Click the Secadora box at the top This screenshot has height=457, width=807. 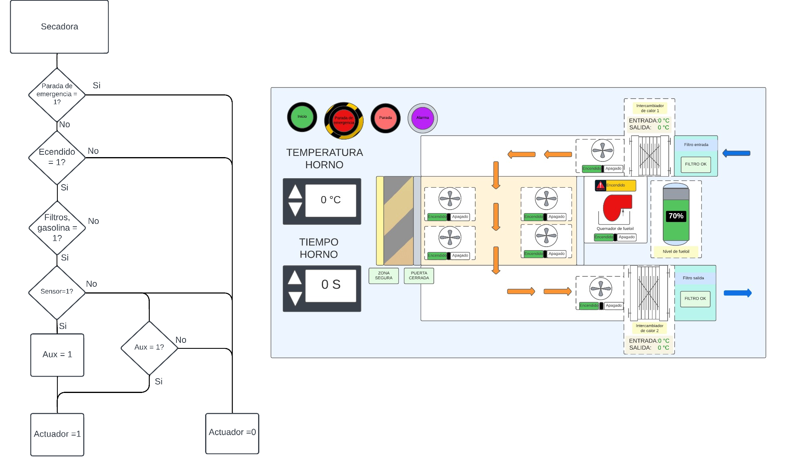pyautogui.click(x=59, y=27)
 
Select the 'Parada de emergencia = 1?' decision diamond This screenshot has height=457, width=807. pyautogui.click(x=57, y=94)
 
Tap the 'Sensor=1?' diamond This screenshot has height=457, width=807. pyautogui.click(x=57, y=292)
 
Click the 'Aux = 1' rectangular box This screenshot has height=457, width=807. pyautogui.click(x=57, y=355)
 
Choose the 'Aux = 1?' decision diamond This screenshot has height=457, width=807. pyautogui.click(x=149, y=348)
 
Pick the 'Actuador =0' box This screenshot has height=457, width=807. pyautogui.click(x=232, y=433)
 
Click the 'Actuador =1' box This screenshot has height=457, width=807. pyautogui.click(x=57, y=434)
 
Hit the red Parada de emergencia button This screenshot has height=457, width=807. pyautogui.click(x=344, y=120)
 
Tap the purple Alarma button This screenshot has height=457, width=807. pyautogui.click(x=423, y=118)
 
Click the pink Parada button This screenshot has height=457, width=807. pyautogui.click(x=386, y=118)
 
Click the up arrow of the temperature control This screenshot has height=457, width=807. pyautogui.click(x=295, y=192)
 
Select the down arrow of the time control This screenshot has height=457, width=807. pyautogui.click(x=295, y=298)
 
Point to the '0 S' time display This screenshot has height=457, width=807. pyautogui.click(x=331, y=285)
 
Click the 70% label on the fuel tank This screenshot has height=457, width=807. pyautogui.click(x=676, y=216)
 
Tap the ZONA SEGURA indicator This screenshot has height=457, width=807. pyautogui.click(x=384, y=276)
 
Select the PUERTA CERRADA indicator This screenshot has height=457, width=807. pyautogui.click(x=419, y=276)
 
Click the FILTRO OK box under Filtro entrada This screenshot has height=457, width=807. pyautogui.click(x=696, y=164)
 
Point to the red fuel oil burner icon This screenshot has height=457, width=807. pyautogui.click(x=616, y=207)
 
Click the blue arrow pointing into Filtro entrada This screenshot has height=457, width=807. pyautogui.click(x=736, y=153)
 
